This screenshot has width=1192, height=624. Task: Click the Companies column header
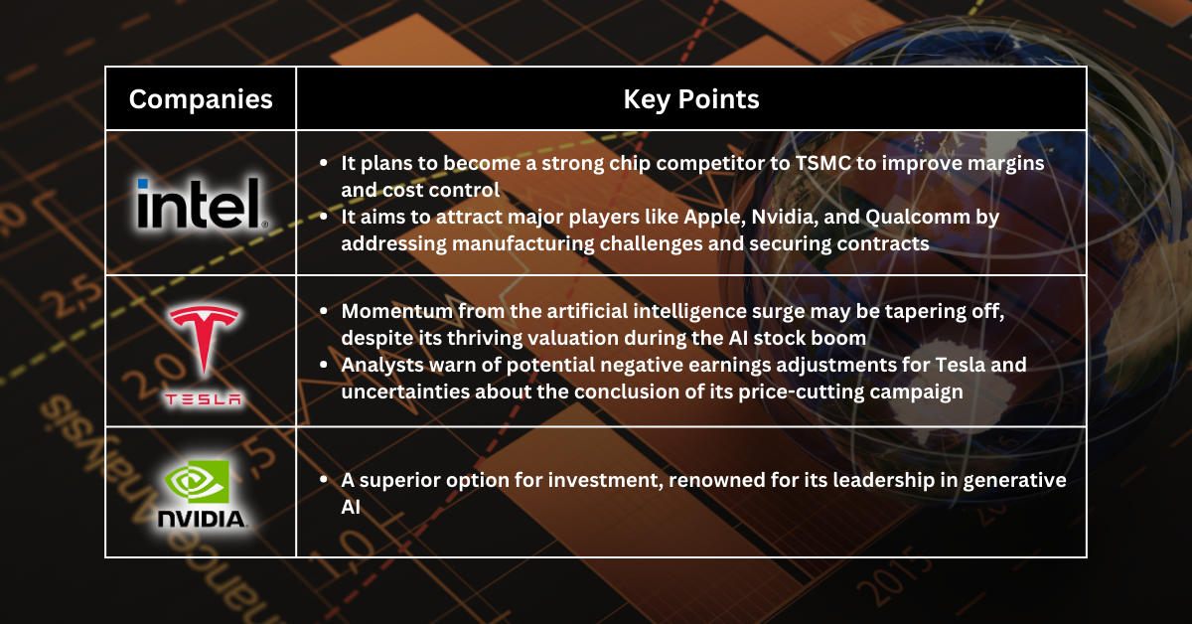(201, 99)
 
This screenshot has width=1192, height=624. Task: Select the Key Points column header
(691, 99)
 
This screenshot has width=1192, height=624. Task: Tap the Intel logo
(200, 204)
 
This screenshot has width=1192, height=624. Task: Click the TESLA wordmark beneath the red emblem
(204, 399)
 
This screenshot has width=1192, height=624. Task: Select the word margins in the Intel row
(1001, 164)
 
